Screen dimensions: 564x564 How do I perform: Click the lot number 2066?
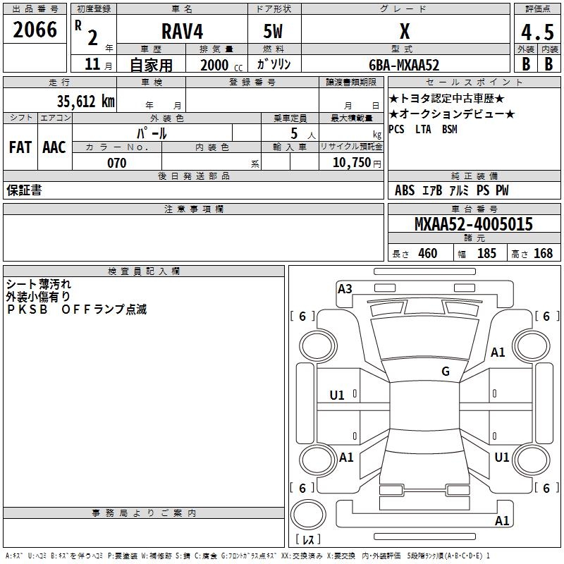(36, 30)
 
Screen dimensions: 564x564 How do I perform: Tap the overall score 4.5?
(537, 32)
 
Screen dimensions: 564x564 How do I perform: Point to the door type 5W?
(274, 31)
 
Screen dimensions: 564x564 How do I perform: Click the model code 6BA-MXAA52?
(404, 65)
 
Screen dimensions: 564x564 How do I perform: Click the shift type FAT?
(20, 147)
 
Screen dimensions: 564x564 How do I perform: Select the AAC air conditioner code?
(54, 147)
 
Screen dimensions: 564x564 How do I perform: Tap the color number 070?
(117, 163)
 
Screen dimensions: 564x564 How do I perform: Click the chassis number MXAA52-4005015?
(473, 225)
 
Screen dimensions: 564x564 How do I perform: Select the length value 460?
(428, 253)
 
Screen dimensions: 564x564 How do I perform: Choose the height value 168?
(543, 253)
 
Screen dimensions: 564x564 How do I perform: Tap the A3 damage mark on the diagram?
(345, 288)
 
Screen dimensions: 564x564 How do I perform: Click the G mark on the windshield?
(446, 372)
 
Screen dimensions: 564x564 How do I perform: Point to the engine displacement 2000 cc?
(220, 65)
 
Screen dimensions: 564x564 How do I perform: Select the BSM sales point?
(449, 129)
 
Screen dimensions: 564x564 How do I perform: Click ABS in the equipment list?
(405, 190)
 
